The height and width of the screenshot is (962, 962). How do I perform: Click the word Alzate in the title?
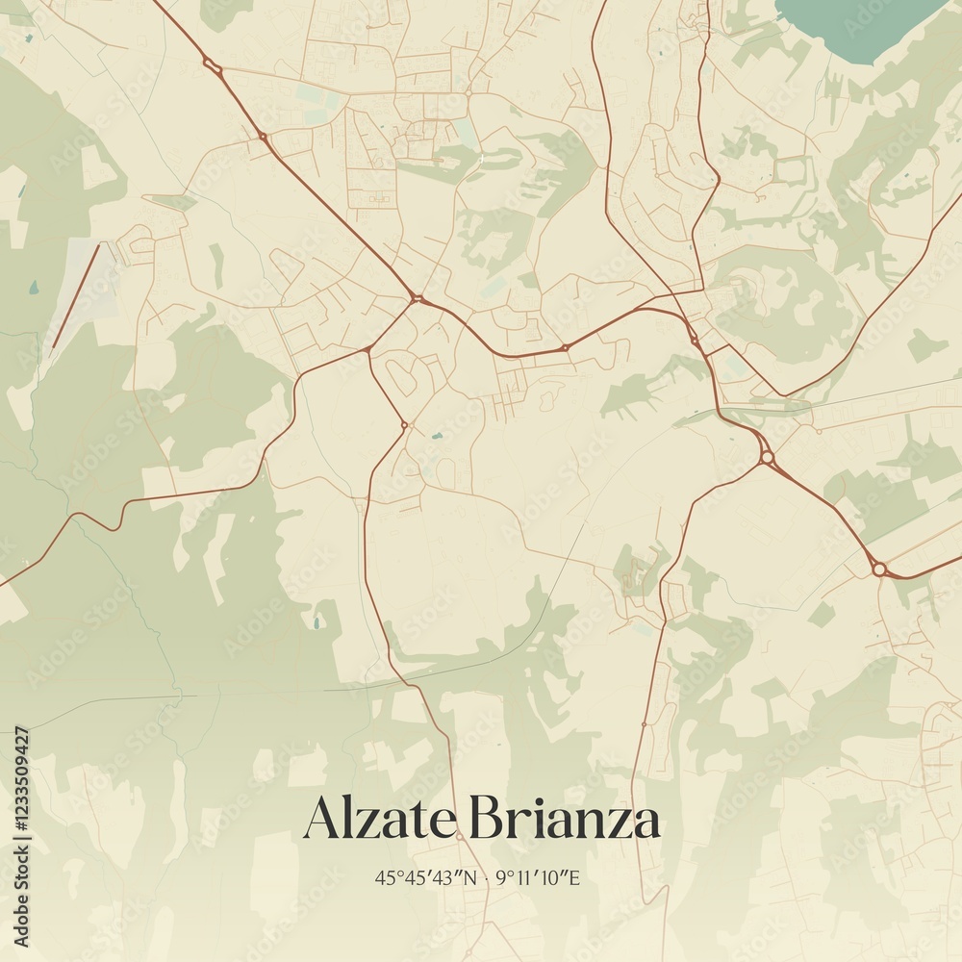click(x=378, y=821)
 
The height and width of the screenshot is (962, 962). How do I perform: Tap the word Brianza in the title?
click(x=566, y=821)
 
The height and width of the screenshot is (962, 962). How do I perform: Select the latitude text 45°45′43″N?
click(x=426, y=877)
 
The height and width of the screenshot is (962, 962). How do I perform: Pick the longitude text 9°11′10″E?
click(x=540, y=877)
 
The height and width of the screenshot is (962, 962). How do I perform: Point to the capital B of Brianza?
click(x=486, y=821)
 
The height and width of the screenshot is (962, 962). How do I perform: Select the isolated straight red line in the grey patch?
click(x=75, y=295)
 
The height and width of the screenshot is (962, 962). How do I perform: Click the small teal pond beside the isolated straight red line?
click(x=35, y=287)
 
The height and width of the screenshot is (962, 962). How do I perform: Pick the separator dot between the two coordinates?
click(x=488, y=877)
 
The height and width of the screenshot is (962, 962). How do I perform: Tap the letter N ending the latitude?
click(x=470, y=877)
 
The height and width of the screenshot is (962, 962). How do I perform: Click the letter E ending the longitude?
click(x=575, y=877)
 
